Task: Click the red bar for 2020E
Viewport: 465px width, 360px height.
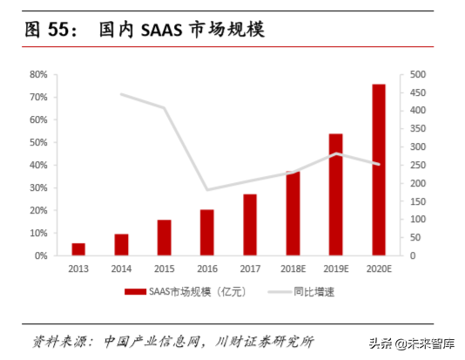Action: (379, 170)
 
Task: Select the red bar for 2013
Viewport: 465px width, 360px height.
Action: (78, 249)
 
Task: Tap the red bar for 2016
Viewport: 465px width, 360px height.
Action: (207, 233)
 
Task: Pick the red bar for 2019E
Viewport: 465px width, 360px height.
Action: (336, 194)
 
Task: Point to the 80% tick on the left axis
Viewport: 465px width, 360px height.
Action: (38, 74)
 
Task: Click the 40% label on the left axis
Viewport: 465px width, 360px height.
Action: (38, 165)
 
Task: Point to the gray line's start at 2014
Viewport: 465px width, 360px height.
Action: (121, 94)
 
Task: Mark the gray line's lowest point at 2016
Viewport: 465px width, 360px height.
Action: (207, 189)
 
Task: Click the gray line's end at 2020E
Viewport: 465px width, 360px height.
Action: (379, 164)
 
